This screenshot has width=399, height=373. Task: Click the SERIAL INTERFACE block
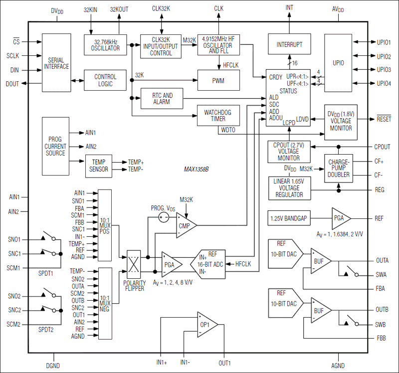56,63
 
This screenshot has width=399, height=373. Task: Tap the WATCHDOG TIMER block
218,116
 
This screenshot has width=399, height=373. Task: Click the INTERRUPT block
289,45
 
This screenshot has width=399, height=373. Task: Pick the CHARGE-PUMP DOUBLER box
339,168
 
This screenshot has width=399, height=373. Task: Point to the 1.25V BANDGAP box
289,218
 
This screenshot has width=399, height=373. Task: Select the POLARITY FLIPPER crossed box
135,264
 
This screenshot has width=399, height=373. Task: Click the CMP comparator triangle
186,227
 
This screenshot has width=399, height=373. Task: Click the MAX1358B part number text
196,170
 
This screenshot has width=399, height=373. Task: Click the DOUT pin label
12,84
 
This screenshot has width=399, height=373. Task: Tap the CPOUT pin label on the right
383,147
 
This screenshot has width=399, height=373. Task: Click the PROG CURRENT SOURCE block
55,147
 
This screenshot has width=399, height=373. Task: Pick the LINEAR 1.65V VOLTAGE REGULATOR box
289,187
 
